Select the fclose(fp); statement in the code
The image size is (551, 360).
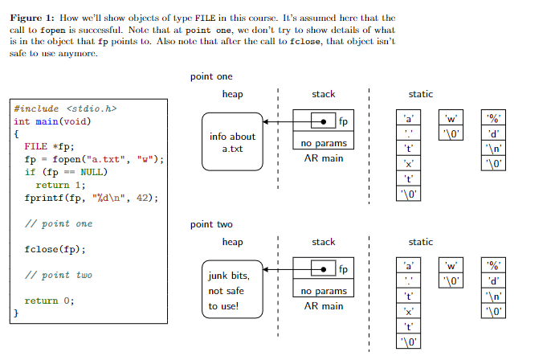coord(55,249)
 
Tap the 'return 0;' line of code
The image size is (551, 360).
coord(49,301)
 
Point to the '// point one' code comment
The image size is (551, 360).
coord(58,223)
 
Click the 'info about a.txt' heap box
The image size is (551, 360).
coord(232,142)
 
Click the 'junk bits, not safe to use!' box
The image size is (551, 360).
coord(232,290)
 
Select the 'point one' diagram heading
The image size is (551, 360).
coord(211,76)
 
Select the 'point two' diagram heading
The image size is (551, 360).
coord(211,224)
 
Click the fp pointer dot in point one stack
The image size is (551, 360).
coord(323,121)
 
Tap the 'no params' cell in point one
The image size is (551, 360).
coord(324,143)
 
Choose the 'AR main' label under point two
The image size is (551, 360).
coord(324,306)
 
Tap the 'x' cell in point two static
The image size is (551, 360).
coord(409,312)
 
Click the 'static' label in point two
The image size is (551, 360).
coord(421,242)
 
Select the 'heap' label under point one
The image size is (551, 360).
coord(232,94)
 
